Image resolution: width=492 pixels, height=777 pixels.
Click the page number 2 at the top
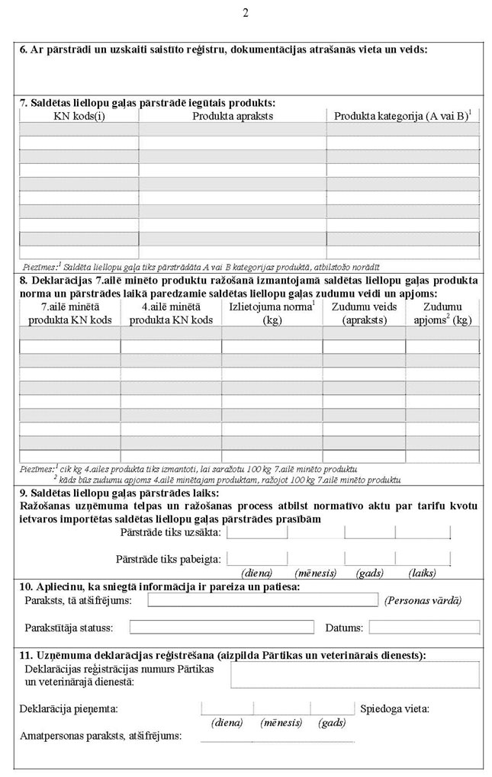point(246,12)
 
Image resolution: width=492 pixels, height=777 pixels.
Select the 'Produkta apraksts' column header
point(233,116)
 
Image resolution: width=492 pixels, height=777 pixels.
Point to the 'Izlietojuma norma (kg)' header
point(272,313)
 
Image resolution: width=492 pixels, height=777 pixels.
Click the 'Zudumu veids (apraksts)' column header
point(364,313)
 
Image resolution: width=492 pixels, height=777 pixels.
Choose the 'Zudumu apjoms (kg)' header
point(442,313)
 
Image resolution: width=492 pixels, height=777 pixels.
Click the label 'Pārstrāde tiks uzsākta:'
point(171,531)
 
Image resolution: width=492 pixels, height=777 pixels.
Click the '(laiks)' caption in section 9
point(422,572)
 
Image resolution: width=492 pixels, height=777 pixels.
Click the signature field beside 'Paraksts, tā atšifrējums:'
point(262,600)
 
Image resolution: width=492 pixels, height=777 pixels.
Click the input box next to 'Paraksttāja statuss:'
point(222,628)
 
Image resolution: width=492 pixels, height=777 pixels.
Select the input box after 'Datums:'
point(424,628)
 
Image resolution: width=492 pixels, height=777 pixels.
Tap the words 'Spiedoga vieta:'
point(394,709)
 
